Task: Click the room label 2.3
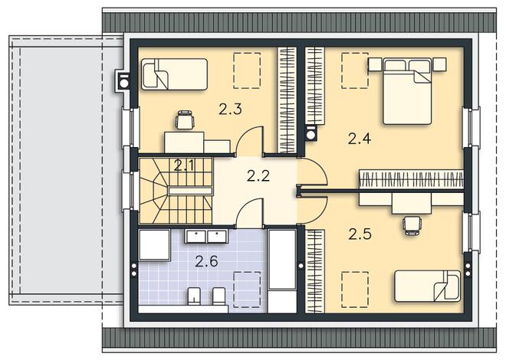[230, 109]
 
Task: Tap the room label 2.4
[360, 139]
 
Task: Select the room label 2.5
[360, 234]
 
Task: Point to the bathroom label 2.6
[206, 261]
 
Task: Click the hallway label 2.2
[258, 175]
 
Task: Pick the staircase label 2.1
[184, 165]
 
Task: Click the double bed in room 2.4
[407, 91]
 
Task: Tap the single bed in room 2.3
[175, 74]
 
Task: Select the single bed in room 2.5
[427, 286]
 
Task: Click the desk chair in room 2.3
[186, 120]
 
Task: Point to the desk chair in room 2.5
[412, 225]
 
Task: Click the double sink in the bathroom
[206, 236]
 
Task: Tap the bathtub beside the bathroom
[282, 270]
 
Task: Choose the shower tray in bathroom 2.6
[154, 245]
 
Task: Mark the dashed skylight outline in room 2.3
[247, 70]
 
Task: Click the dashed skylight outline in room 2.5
[355, 290]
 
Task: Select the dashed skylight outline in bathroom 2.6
[247, 290]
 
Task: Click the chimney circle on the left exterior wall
[124, 83]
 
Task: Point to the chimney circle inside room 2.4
[310, 134]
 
